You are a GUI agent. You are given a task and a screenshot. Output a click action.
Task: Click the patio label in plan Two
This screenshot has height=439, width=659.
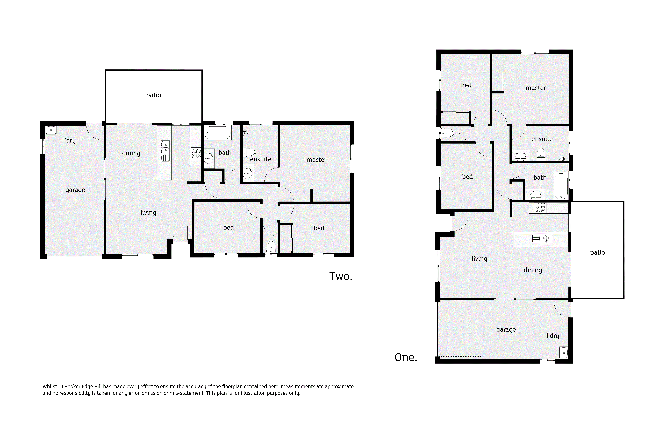pos(154,95)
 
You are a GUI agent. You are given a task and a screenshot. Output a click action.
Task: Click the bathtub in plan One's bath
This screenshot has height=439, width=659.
pos(561,186)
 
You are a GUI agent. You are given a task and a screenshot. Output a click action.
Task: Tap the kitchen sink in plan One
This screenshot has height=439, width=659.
pos(543,239)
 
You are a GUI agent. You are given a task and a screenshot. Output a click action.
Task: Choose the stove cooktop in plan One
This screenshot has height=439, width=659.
pos(540,208)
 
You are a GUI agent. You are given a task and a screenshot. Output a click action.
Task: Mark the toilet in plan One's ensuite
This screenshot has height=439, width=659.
pos(541,155)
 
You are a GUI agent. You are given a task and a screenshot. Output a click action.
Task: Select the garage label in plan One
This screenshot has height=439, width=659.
pos(506,330)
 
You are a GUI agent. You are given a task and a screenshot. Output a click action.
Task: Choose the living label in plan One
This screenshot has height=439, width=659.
pos(479,259)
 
